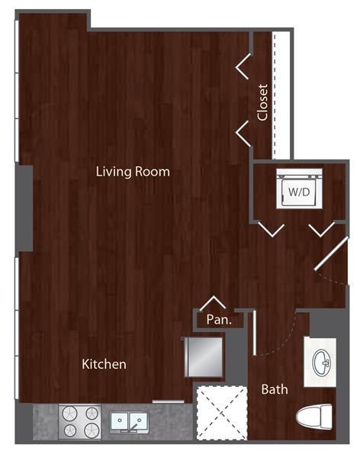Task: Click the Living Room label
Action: pos(133,171)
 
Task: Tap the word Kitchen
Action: pos(104,364)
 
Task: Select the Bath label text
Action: pos(275,389)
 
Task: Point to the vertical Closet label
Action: pos(262,102)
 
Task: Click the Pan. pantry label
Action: pos(219,321)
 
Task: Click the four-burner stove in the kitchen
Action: pos(81,421)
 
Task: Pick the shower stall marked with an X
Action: pos(222,412)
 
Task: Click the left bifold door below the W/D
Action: pos(271,228)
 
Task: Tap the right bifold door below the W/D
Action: pos(321,228)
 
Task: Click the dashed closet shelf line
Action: pos(275,92)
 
